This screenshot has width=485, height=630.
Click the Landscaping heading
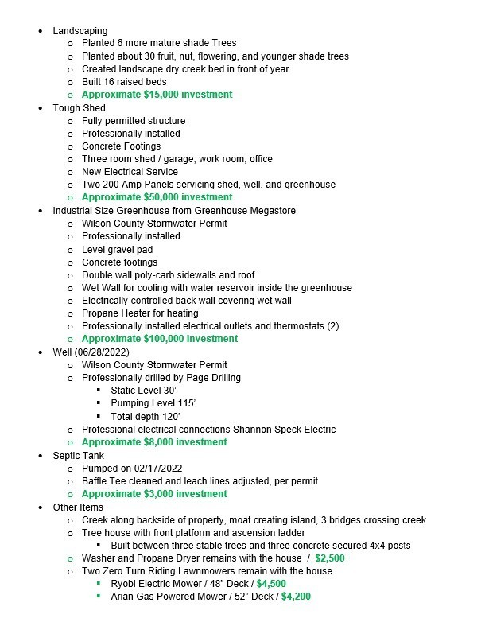pyautogui.click(x=80, y=30)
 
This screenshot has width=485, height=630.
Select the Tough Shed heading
pyautogui.click(x=79, y=107)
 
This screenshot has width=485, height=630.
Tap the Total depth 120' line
pyautogui.click(x=145, y=416)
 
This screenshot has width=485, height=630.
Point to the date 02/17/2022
pyautogui.click(x=155, y=468)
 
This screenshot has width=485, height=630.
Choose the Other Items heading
pyautogui.click(x=78, y=507)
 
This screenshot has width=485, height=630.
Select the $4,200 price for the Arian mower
pyautogui.click(x=296, y=597)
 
